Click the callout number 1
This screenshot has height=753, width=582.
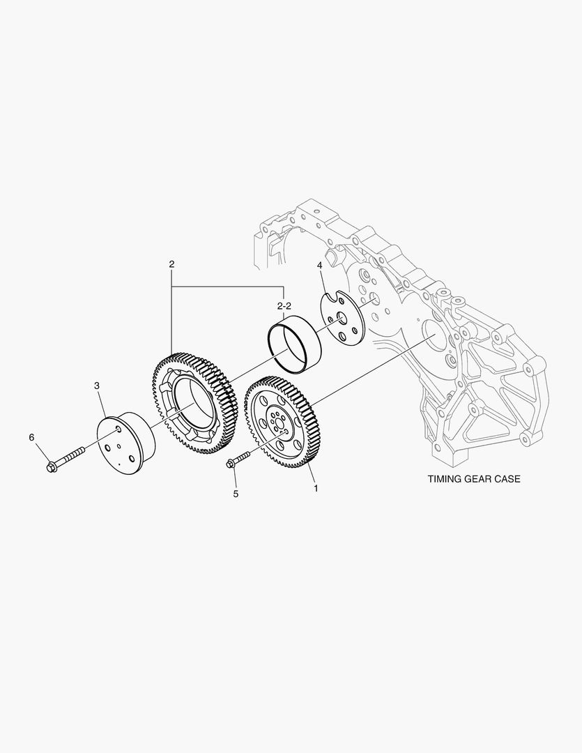316,489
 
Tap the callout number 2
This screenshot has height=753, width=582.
171,264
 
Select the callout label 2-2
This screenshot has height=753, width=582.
283,306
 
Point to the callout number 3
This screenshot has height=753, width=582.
97,385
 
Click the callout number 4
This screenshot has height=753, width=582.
319,266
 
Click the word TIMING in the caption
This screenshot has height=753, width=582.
446,480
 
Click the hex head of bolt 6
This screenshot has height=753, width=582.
52,465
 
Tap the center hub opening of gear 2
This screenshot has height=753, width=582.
195,404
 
